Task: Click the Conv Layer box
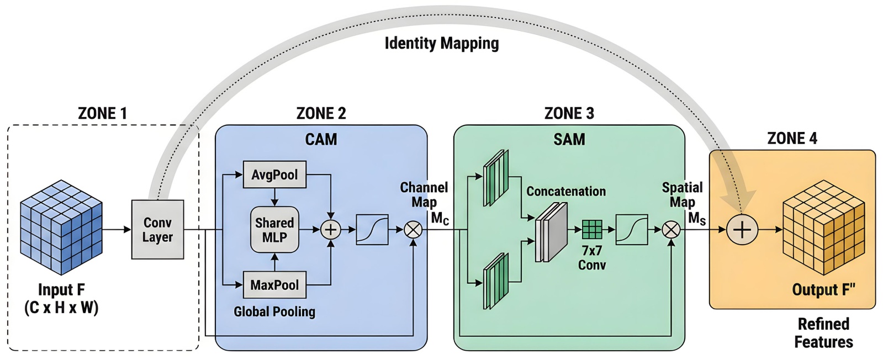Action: click(x=157, y=230)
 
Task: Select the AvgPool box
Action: click(x=274, y=174)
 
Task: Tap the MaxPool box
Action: click(x=274, y=285)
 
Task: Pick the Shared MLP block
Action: click(x=274, y=230)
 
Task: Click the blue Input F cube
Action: click(x=61, y=227)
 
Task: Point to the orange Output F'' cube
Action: click(x=823, y=227)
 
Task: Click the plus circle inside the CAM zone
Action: click(x=331, y=230)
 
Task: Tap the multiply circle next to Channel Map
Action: click(x=413, y=230)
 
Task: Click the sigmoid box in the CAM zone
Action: click(x=372, y=230)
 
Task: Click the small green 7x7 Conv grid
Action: click(x=592, y=229)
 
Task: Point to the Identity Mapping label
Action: click(x=441, y=43)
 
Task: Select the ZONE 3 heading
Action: click(x=569, y=113)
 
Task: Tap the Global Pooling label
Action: click(x=274, y=312)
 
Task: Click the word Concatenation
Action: click(x=566, y=192)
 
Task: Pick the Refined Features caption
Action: click(x=823, y=333)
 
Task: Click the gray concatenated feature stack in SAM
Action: click(x=551, y=232)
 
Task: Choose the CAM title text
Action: click(x=321, y=139)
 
